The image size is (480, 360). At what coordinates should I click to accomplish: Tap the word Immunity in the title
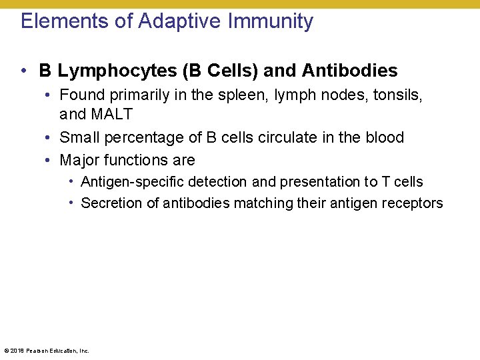[x=271, y=21]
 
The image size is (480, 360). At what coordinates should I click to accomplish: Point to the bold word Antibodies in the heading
[x=350, y=71]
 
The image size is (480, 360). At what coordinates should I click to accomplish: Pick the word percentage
[x=141, y=137]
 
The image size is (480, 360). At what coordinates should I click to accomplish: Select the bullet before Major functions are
[x=50, y=160]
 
